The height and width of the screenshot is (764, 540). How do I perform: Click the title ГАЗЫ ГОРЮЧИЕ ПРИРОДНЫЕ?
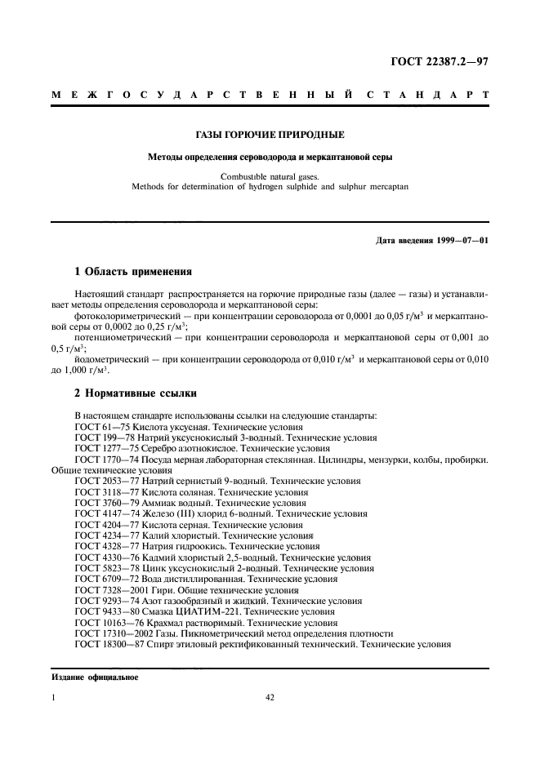click(x=270, y=134)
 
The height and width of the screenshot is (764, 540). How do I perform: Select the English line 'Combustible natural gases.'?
click(x=270, y=175)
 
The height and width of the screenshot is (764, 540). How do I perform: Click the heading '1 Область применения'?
click(x=133, y=272)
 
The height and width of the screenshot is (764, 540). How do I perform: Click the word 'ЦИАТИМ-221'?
click(x=222, y=611)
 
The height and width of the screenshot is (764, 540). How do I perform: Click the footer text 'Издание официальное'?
click(x=95, y=677)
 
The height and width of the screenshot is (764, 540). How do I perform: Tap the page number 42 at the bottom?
click(x=270, y=697)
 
